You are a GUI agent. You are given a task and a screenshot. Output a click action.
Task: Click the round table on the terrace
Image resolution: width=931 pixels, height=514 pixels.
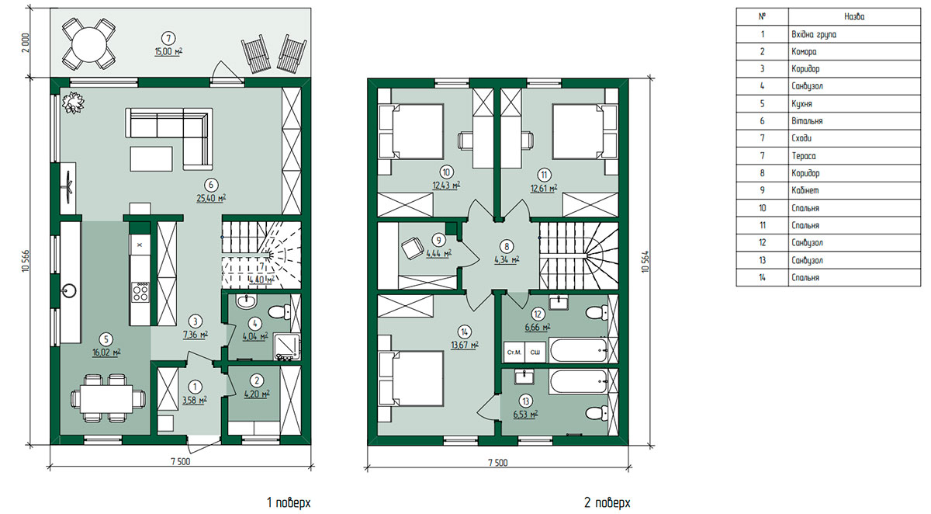(x=89, y=44)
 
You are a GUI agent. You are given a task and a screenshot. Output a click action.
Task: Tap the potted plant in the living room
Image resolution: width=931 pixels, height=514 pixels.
(x=73, y=102)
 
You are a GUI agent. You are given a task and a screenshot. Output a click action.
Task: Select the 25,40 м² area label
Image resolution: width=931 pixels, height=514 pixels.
(x=211, y=198)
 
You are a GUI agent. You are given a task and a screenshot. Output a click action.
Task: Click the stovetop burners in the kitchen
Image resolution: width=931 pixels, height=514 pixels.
(x=140, y=291)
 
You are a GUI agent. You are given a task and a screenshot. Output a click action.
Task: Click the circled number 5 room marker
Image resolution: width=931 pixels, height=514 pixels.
(x=106, y=339)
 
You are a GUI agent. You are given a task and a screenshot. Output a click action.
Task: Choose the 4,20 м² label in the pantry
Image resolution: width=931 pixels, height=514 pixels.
(x=257, y=394)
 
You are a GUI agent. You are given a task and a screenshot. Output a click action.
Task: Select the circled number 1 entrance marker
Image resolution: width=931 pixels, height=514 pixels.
(x=195, y=387)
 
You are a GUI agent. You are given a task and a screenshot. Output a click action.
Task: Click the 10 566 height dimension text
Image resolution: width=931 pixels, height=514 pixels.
(x=26, y=261)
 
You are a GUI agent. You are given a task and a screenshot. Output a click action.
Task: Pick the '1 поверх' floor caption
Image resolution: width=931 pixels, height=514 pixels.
(x=289, y=503)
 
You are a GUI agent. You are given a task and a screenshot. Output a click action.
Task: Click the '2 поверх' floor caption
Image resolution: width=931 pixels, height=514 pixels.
(x=607, y=503)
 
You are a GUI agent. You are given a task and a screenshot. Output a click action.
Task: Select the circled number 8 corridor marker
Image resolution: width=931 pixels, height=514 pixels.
(x=506, y=247)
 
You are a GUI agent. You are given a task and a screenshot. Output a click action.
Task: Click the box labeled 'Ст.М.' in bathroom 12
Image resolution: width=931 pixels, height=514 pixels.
(x=514, y=353)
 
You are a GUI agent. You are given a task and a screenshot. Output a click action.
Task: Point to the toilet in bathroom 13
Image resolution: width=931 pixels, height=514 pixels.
(x=597, y=413)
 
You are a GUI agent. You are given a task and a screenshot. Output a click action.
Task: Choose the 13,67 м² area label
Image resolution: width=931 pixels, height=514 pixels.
(x=464, y=345)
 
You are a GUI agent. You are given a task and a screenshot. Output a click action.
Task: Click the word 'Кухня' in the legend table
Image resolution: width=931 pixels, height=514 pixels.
(x=801, y=103)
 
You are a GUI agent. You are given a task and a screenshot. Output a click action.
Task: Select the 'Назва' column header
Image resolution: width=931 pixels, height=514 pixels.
(x=854, y=16)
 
